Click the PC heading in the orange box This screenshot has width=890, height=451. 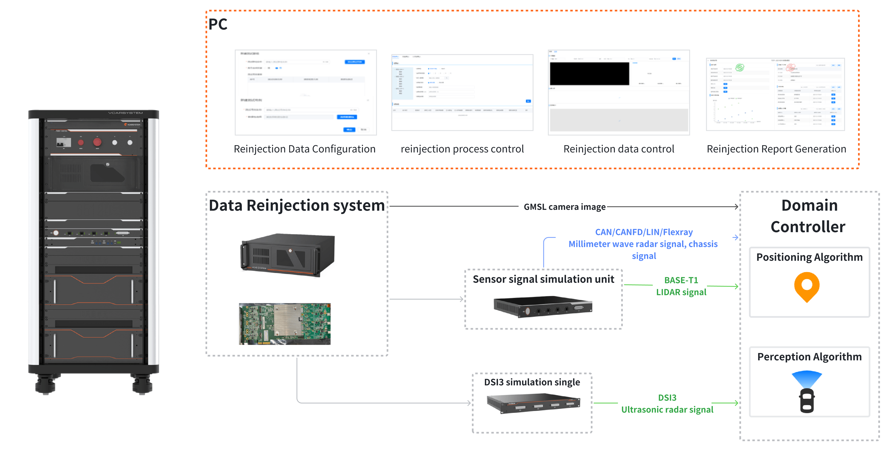point(218,24)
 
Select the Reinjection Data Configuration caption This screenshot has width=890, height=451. point(304,149)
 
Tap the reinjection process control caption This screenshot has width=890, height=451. point(462,149)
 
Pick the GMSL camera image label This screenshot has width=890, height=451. point(565,207)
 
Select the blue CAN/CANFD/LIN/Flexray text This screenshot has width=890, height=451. point(644,232)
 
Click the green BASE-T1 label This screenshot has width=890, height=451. point(681,280)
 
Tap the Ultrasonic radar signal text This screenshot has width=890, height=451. point(667,410)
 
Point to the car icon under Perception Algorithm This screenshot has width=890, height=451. point(807,401)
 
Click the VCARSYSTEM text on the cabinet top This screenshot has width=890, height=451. point(125,113)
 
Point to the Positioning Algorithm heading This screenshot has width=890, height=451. point(809,257)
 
